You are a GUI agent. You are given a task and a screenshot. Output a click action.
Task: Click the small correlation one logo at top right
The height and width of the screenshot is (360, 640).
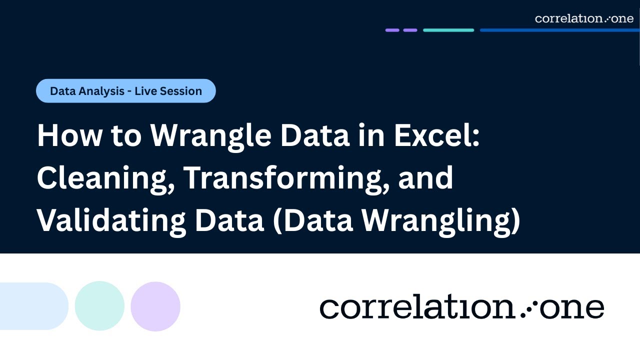pyautogui.click(x=584, y=18)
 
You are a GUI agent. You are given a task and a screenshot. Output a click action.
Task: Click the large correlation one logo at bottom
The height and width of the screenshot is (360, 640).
pyautogui.click(x=461, y=307)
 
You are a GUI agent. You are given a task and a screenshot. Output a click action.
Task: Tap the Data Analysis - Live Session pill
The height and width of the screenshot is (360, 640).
pyautogui.click(x=126, y=91)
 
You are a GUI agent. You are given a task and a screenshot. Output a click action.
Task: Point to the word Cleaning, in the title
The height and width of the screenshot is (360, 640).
pyautogui.click(x=104, y=177)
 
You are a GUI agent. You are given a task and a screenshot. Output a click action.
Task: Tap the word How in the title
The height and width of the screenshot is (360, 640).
pyautogui.click(x=65, y=135)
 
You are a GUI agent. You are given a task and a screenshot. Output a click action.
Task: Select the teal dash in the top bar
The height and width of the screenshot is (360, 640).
pyautogui.click(x=448, y=30)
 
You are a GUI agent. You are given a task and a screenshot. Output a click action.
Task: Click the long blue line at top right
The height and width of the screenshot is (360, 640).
pyautogui.click(x=559, y=30)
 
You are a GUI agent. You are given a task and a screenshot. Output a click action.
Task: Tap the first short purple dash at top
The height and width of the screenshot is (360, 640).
pyautogui.click(x=392, y=30)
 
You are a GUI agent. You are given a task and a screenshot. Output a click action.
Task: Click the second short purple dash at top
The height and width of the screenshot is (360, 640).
pyautogui.click(x=410, y=30)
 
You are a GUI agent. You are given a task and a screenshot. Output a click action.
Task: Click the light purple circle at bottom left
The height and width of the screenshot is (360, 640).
pyautogui.click(x=155, y=306)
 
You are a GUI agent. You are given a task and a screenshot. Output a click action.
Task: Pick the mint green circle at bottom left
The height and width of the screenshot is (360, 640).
pyautogui.click(x=99, y=306)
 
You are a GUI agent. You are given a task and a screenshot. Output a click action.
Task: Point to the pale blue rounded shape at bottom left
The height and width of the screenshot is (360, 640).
pyautogui.click(x=32, y=306)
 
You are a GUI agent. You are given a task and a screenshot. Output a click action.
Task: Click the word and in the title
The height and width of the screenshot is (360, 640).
pyautogui.click(x=425, y=177)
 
